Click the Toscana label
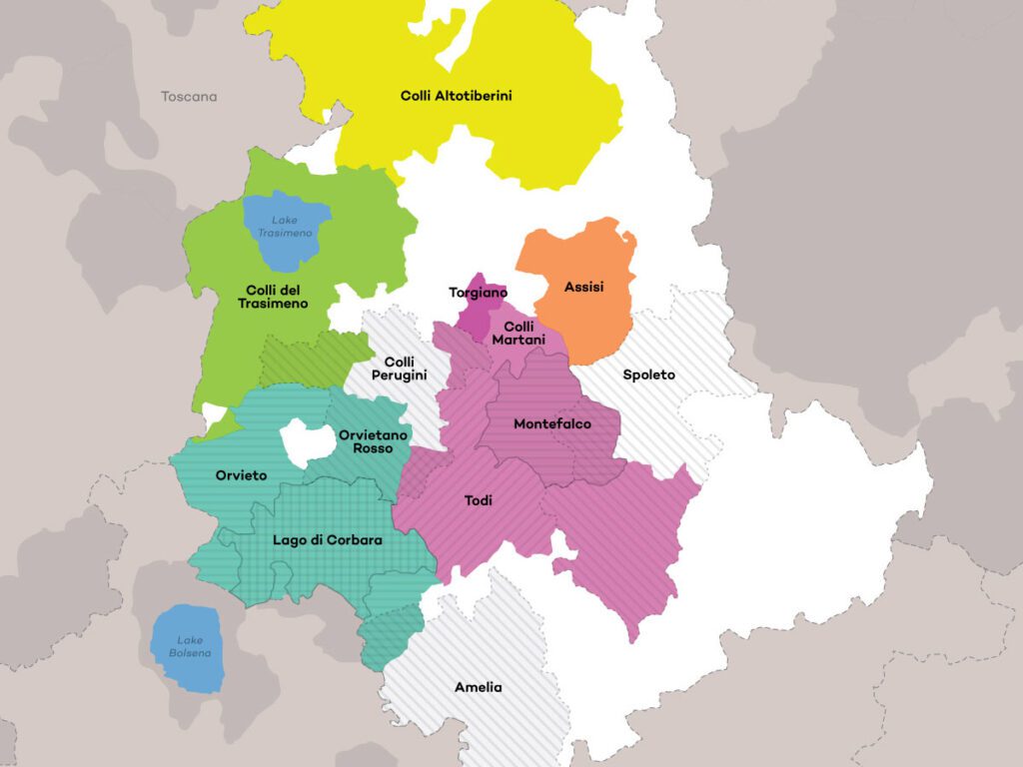(x=189, y=97)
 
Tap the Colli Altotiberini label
(x=456, y=96)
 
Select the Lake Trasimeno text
(x=286, y=226)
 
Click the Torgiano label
(x=478, y=293)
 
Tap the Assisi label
(x=583, y=287)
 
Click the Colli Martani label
(x=518, y=334)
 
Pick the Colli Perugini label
(x=399, y=368)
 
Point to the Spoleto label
(x=648, y=375)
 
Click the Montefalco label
(x=551, y=423)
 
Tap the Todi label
(x=478, y=500)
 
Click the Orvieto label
(x=241, y=475)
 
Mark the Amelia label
(x=478, y=687)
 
